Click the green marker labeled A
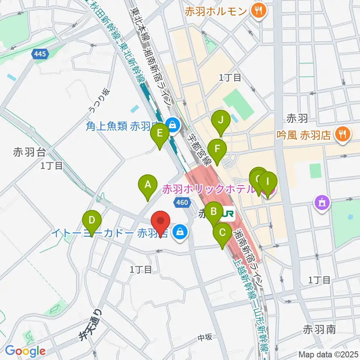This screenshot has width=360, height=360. (x=147, y=185)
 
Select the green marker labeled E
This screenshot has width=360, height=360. (x=159, y=134)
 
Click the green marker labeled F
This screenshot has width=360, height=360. (x=217, y=149)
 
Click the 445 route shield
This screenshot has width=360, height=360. (x=40, y=54)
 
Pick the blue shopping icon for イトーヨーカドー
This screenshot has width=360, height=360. (x=181, y=232)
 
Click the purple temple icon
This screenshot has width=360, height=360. (x=322, y=204)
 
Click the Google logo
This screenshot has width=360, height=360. (x=25, y=351)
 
